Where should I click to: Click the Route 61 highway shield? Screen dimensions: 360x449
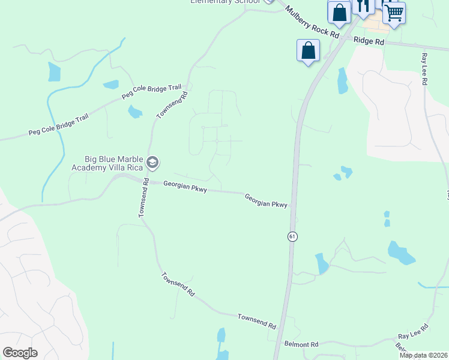point(292,236)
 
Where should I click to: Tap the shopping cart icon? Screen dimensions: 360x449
point(394,13)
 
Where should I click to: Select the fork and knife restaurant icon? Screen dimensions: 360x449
point(363,7)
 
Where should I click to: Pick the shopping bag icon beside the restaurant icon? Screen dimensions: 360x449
point(339,13)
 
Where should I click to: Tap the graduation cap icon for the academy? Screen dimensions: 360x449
point(152,162)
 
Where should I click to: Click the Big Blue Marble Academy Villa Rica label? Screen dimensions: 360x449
point(113,163)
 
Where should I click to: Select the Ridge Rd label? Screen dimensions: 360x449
point(369,41)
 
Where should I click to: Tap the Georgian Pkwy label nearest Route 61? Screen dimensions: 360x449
point(266,200)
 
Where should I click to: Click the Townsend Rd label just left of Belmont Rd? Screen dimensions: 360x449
point(256,320)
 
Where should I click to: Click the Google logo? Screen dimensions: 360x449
point(20,353)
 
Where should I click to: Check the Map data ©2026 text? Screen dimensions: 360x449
point(424,355)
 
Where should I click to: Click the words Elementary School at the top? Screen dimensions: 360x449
point(225,2)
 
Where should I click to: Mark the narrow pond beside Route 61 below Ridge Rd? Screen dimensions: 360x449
point(342,81)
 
